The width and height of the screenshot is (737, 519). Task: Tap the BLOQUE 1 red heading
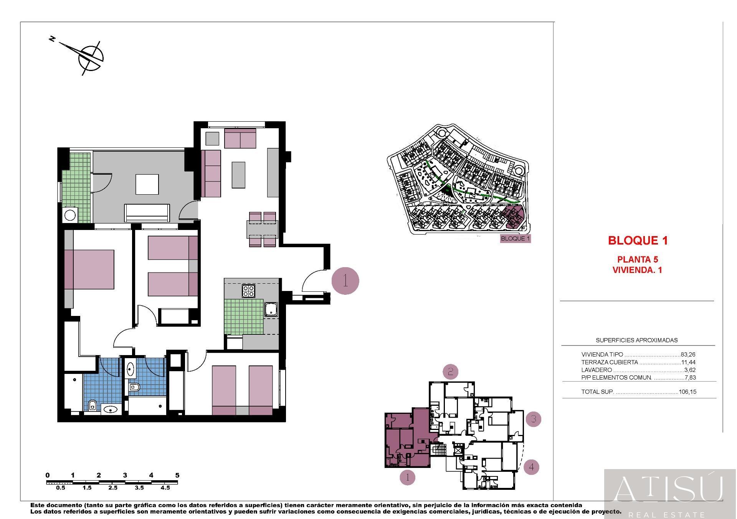point(638,241)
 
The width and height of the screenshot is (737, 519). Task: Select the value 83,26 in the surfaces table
point(688,355)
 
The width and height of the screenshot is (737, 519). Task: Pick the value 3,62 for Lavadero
point(690,370)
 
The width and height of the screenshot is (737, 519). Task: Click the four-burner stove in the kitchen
point(248,291)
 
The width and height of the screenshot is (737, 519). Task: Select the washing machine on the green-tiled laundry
point(70,215)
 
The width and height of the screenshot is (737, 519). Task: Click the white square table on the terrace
point(147,184)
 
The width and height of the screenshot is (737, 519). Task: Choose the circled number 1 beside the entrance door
point(345,281)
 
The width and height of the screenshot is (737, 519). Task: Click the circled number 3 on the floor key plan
point(533,419)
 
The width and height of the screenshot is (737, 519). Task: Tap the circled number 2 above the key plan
point(451,372)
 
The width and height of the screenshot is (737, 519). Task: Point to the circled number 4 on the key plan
point(531,467)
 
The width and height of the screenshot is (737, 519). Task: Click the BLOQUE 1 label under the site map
point(516,239)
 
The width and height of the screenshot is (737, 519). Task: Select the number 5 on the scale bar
point(177,475)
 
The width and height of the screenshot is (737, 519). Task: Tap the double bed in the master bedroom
point(89,269)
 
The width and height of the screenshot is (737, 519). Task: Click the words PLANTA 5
point(638,259)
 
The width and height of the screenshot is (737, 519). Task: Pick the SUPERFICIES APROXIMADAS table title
point(636,340)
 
